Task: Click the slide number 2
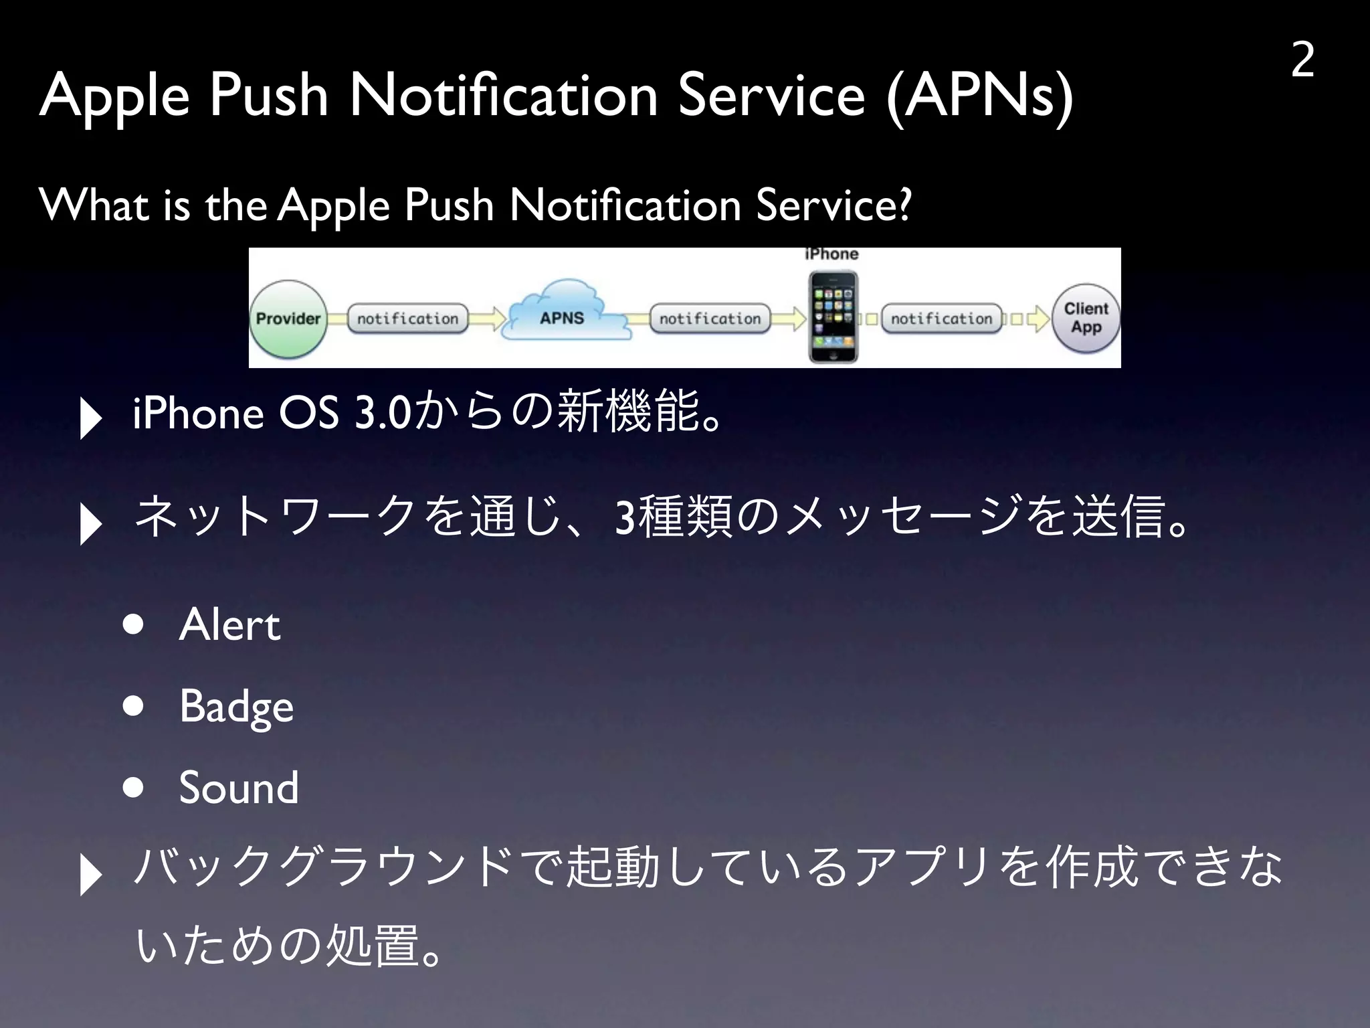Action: pos(1302,60)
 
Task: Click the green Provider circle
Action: pos(288,319)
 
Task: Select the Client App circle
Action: pos(1086,319)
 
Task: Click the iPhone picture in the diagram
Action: pos(832,317)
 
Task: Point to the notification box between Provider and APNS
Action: pos(407,319)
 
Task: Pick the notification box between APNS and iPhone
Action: pos(710,319)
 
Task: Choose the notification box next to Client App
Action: pos(941,319)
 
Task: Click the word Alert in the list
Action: pos(229,625)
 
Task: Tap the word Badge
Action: pos(236,707)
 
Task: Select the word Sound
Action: pos(239,788)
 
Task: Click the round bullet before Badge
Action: pos(134,706)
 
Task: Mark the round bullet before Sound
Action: pos(134,788)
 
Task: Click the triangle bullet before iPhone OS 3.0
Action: pos(90,418)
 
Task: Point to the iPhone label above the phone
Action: pos(831,254)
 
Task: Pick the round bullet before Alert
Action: pos(134,624)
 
